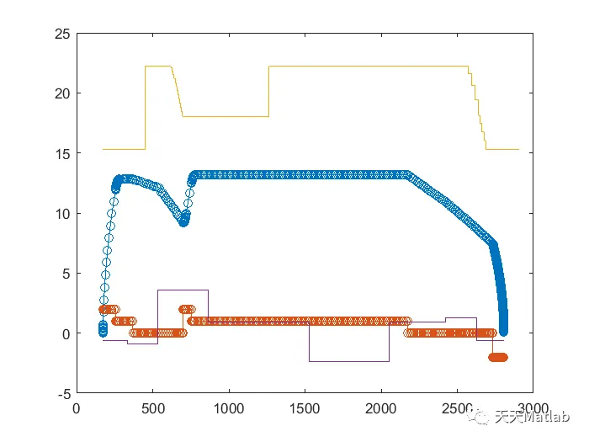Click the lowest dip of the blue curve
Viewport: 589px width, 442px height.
coord(183,221)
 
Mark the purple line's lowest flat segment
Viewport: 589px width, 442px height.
coord(348,361)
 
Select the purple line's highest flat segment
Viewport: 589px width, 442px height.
coord(182,290)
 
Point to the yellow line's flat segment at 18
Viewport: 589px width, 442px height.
coord(225,116)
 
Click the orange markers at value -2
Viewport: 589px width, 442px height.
coord(497,357)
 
